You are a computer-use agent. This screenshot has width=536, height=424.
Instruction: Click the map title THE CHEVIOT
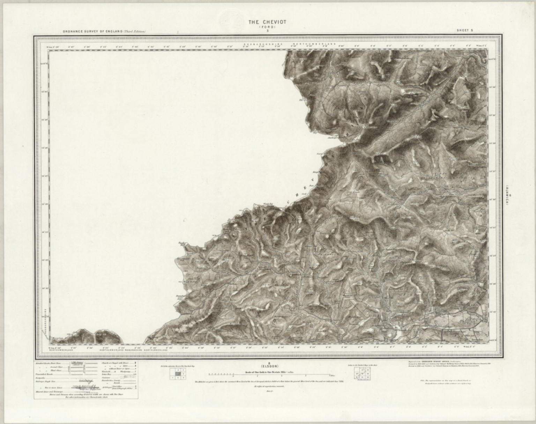click(262, 22)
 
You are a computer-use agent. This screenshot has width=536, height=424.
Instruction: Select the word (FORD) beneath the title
click(262, 27)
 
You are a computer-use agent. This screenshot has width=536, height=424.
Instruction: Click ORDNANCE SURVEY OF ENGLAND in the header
click(92, 31)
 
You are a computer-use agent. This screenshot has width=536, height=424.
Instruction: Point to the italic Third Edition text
click(134, 31)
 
